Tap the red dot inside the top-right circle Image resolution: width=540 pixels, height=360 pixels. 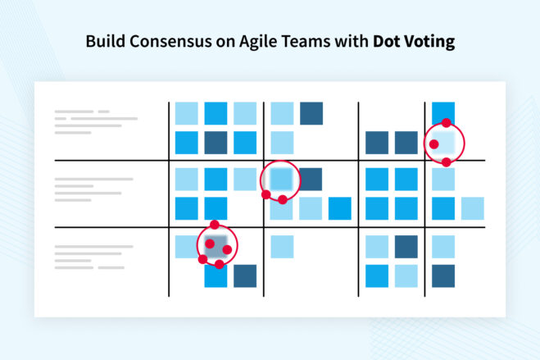click(x=433, y=144)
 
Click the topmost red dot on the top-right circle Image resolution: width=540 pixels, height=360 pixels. click(x=447, y=123)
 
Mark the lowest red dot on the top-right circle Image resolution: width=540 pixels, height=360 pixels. click(x=447, y=162)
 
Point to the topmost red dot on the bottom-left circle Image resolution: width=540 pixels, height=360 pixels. click(x=215, y=224)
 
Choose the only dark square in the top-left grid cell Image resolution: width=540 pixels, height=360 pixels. click(x=216, y=143)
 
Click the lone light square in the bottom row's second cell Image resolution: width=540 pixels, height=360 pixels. click(x=282, y=246)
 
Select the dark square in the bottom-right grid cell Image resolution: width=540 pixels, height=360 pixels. click(x=443, y=276)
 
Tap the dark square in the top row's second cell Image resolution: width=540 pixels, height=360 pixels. click(x=311, y=113)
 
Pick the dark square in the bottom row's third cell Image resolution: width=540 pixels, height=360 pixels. click(x=406, y=246)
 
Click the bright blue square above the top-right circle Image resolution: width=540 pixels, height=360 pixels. click(x=443, y=111)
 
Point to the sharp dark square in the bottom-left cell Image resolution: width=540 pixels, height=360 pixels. click(x=245, y=276)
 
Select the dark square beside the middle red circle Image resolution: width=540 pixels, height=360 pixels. click(x=311, y=178)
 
